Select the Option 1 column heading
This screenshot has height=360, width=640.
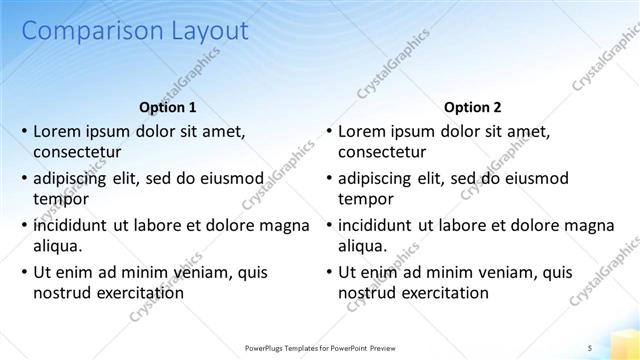point(166,107)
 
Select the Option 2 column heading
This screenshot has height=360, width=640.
point(473,107)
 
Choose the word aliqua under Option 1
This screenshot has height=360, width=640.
point(57,246)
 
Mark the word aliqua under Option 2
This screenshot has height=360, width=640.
point(362,246)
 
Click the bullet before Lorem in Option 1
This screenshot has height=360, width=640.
point(24,131)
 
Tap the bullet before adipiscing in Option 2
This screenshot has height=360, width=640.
point(329,178)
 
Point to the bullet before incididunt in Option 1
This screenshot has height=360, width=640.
point(24,225)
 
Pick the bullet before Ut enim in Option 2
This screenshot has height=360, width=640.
point(329,272)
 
